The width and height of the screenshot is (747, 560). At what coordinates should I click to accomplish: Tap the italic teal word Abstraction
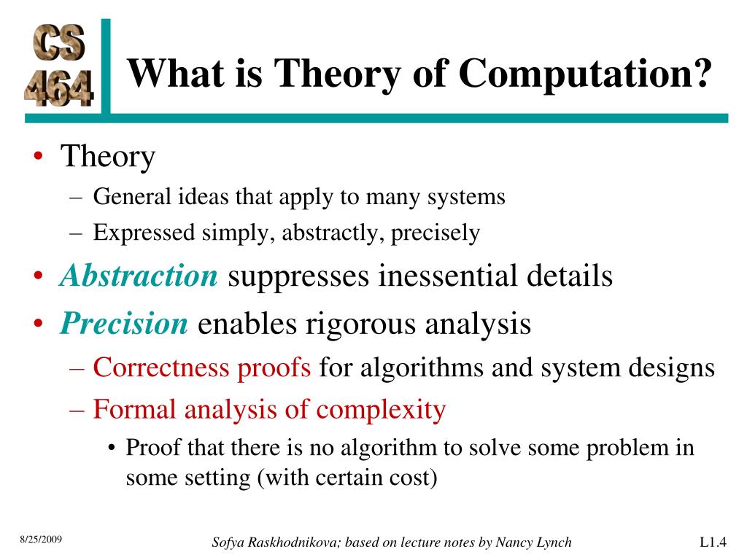[139, 276]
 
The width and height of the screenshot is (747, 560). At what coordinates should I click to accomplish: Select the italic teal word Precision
[124, 323]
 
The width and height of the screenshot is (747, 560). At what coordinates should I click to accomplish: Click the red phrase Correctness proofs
[202, 367]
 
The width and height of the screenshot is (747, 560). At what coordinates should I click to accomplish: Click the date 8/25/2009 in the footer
[41, 540]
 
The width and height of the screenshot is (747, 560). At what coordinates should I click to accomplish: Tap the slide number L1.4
[713, 542]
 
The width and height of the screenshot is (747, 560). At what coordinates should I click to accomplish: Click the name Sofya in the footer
[231, 542]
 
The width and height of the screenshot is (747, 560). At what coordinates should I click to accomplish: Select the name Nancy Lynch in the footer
[536, 542]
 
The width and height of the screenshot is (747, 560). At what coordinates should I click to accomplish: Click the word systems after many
[466, 197]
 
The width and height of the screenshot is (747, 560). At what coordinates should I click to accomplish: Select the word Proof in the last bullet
[153, 447]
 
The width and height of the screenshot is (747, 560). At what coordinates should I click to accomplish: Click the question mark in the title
[700, 74]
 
